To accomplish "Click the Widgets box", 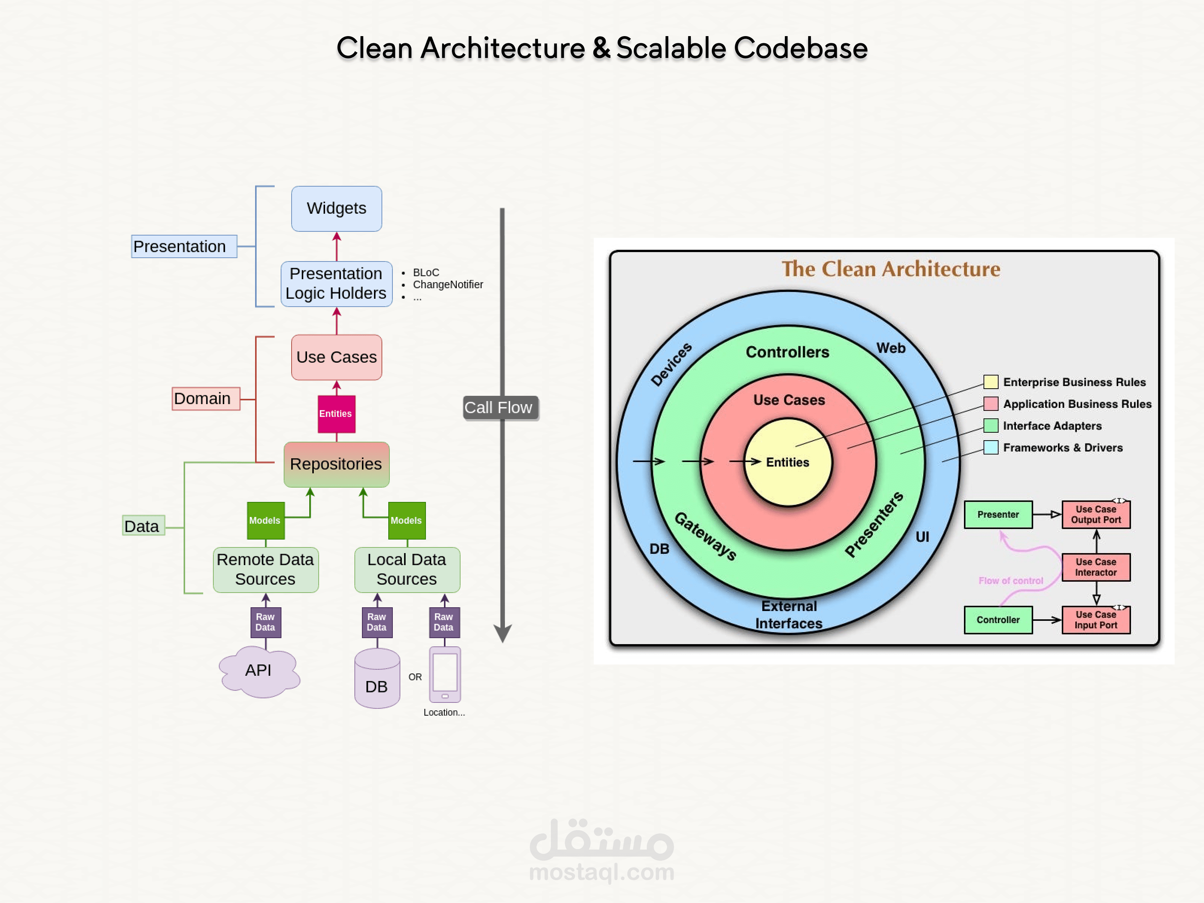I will pos(336,208).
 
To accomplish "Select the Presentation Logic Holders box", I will pos(336,284).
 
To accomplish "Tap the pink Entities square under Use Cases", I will pos(336,413).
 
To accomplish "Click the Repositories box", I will pos(336,464).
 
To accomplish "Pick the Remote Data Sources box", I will pos(266,569).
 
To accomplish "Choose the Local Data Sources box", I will pos(407,569).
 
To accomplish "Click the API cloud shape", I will pos(258,671).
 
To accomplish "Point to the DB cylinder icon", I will pos(377,679).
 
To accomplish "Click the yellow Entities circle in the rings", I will pos(787,462).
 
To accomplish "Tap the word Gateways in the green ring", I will pos(705,536).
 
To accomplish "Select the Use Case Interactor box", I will pos(1095,567).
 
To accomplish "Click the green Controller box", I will pos(998,620).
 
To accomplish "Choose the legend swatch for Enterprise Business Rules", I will pos(991,382).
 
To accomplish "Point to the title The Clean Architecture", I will pos(891,269).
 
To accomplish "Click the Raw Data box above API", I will pos(266,622).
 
